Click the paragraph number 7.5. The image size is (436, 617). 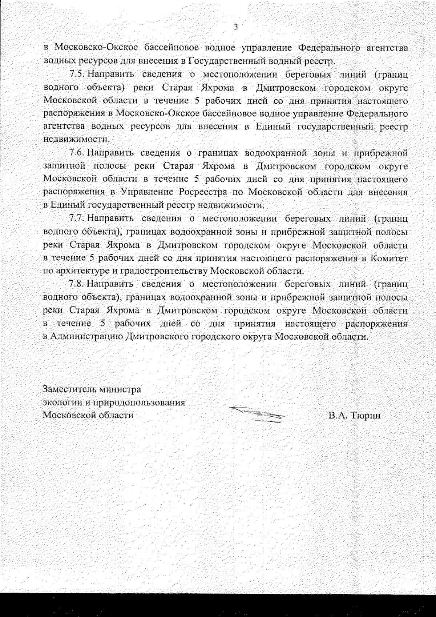pos(77,75)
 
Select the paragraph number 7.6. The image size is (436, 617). pos(77,153)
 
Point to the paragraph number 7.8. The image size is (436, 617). pos(77,284)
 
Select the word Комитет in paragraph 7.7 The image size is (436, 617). pos(389,258)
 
